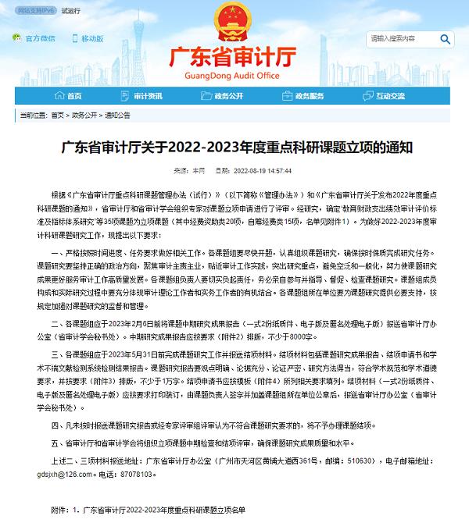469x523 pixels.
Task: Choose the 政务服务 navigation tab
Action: pyautogui.click(x=307, y=96)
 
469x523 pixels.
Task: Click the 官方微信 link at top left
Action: pyautogui.click(x=39, y=37)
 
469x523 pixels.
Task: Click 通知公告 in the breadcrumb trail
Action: pyautogui.click(x=118, y=115)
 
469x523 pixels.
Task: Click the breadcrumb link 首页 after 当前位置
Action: pyautogui.click(x=57, y=115)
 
